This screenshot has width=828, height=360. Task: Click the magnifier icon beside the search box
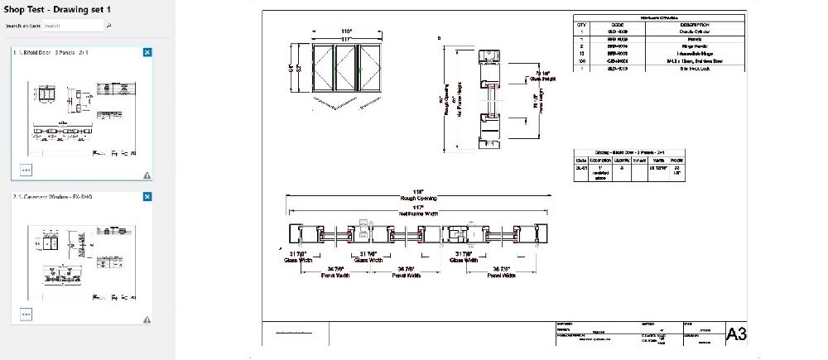(109, 26)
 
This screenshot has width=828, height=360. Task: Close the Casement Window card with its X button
(147, 197)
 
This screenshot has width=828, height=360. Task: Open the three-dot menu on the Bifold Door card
(26, 170)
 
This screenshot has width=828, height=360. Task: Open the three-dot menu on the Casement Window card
(26, 314)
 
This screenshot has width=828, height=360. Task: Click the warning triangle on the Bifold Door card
(147, 175)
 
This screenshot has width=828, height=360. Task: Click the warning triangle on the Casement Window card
(147, 319)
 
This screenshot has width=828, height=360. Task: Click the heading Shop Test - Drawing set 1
(57, 8)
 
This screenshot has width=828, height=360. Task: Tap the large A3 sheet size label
(735, 334)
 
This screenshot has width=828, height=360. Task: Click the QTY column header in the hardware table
(581, 25)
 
